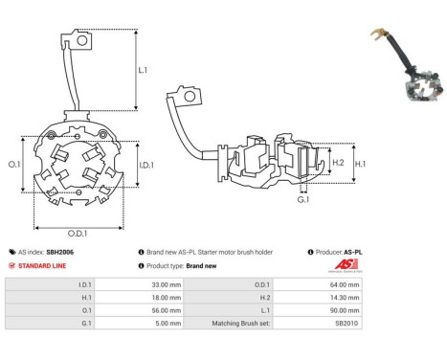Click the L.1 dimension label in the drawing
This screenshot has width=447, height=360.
(143, 70)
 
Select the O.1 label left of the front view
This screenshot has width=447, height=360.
(14, 165)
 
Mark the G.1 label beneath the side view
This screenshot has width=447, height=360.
(302, 199)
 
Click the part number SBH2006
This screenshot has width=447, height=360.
(60, 252)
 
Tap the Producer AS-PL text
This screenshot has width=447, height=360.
(338, 252)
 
